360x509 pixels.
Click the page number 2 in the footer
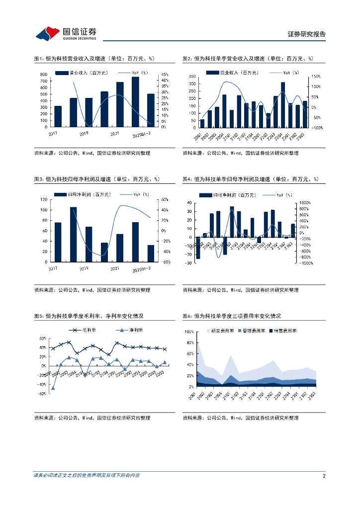click(x=324, y=476)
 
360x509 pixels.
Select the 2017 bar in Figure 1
click(x=58, y=116)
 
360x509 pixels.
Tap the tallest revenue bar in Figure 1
click(x=135, y=102)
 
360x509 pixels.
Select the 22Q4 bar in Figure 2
click(x=283, y=105)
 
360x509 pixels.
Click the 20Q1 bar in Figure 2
click(x=202, y=123)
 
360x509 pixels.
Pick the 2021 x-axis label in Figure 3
click(x=114, y=268)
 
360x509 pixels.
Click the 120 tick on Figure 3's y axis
click(x=44, y=200)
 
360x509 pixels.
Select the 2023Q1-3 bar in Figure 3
click(x=151, y=254)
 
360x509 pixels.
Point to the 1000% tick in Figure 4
click(x=305, y=203)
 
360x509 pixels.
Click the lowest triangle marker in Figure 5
click(x=53, y=388)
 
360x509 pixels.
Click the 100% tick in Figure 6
click(x=189, y=332)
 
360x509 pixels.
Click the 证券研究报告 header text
click(x=307, y=34)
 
